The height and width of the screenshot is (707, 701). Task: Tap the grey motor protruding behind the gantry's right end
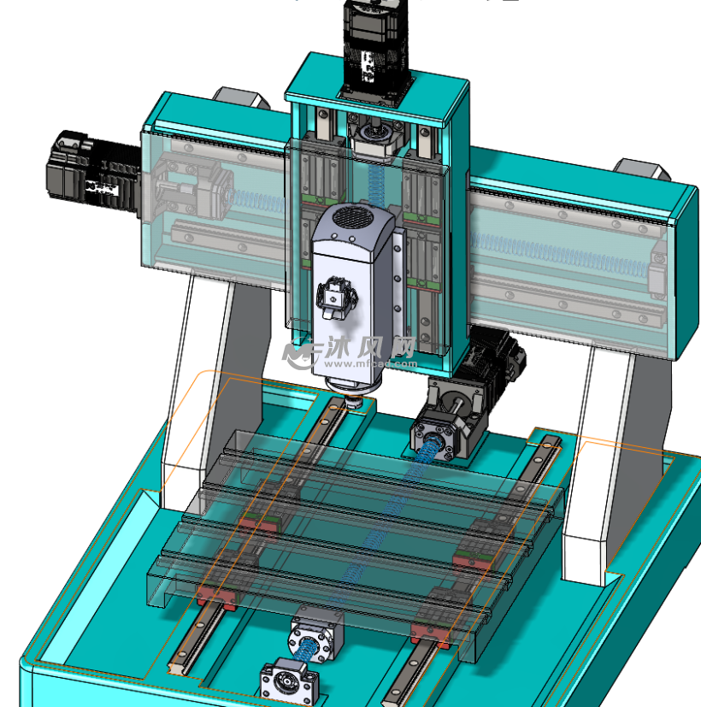tap(639, 168)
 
